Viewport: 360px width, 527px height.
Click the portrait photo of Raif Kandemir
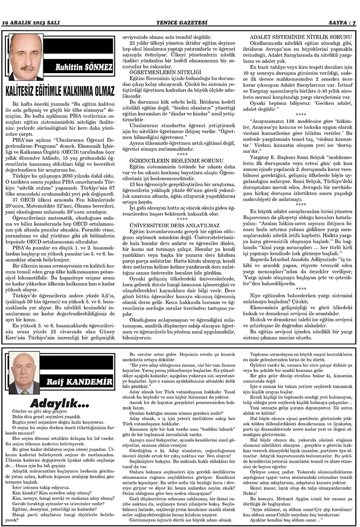[x=25, y=373]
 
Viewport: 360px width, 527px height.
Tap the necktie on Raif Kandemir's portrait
[x=25, y=389]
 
